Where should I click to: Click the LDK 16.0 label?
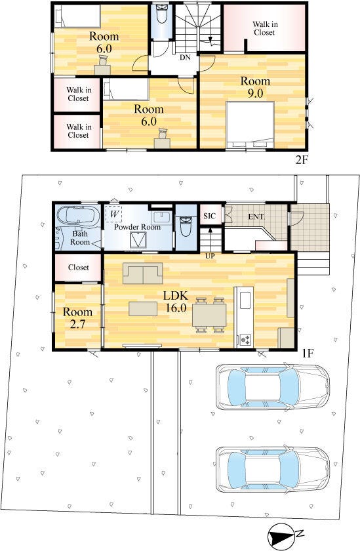pos(175,302)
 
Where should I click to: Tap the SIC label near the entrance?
pos(209,216)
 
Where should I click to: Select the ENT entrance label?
pos(256,216)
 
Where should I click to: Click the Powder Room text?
pos(137,227)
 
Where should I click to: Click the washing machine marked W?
pos(114,214)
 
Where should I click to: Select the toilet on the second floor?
pos(162,14)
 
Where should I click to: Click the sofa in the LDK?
pos(142,273)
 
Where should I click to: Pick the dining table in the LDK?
pos(209,314)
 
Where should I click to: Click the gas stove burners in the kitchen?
pos(245,340)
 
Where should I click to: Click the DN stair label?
pos(185,57)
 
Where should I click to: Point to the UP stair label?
pos(210,256)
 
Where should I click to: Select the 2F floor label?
pos(302,160)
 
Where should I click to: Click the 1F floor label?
pos(308,353)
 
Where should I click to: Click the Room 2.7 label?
pos(77,317)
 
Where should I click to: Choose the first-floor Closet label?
pos(79,268)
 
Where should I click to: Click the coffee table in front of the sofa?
pos(143,309)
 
